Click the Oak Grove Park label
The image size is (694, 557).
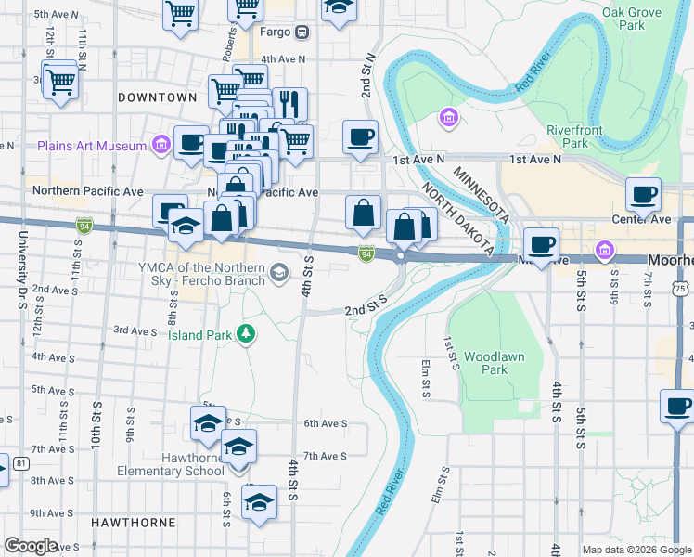tap(631, 19)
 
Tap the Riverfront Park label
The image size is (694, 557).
tap(567, 136)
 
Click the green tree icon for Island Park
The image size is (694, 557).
tap(245, 333)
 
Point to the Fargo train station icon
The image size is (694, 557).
tap(302, 33)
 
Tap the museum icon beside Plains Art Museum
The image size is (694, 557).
tap(161, 145)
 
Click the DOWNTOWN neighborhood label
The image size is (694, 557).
tap(158, 97)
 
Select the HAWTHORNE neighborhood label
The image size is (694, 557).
tap(134, 523)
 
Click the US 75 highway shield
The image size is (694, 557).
tap(681, 289)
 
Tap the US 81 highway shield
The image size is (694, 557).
tap(20, 463)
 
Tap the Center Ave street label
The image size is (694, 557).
tap(640, 220)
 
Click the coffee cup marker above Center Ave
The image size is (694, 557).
tap(643, 195)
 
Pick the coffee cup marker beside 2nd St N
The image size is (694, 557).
tap(360, 137)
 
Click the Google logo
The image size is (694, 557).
tap(31, 545)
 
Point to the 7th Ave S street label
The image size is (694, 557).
tap(325, 456)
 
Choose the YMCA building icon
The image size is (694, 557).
tap(279, 273)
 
